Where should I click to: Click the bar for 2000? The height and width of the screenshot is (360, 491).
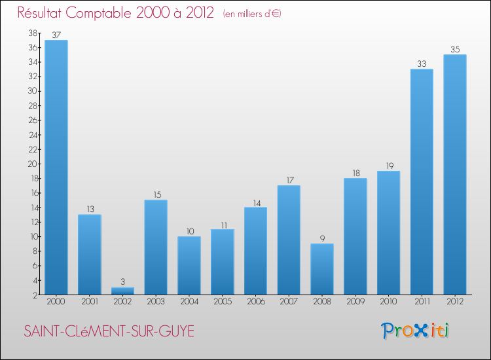(x=56, y=167)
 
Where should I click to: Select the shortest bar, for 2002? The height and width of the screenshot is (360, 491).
(x=122, y=291)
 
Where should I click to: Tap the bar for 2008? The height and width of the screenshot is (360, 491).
(x=322, y=269)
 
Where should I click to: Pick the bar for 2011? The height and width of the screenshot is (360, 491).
(x=422, y=181)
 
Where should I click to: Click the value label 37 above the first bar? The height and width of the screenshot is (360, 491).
(x=56, y=35)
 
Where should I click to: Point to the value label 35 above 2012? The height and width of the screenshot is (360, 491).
(x=455, y=49)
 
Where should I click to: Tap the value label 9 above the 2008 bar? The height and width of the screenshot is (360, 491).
(x=322, y=238)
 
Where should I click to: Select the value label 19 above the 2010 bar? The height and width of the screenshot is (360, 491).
(x=388, y=166)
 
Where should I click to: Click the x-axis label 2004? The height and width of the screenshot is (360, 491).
(x=189, y=302)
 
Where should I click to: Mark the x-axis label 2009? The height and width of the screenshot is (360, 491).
(x=355, y=302)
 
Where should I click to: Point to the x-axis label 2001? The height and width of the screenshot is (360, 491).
(x=90, y=302)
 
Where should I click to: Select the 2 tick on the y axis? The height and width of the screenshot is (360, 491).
(x=35, y=295)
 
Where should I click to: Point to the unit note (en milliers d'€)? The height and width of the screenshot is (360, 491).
(x=252, y=14)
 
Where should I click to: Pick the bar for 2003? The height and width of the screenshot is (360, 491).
(x=156, y=247)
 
